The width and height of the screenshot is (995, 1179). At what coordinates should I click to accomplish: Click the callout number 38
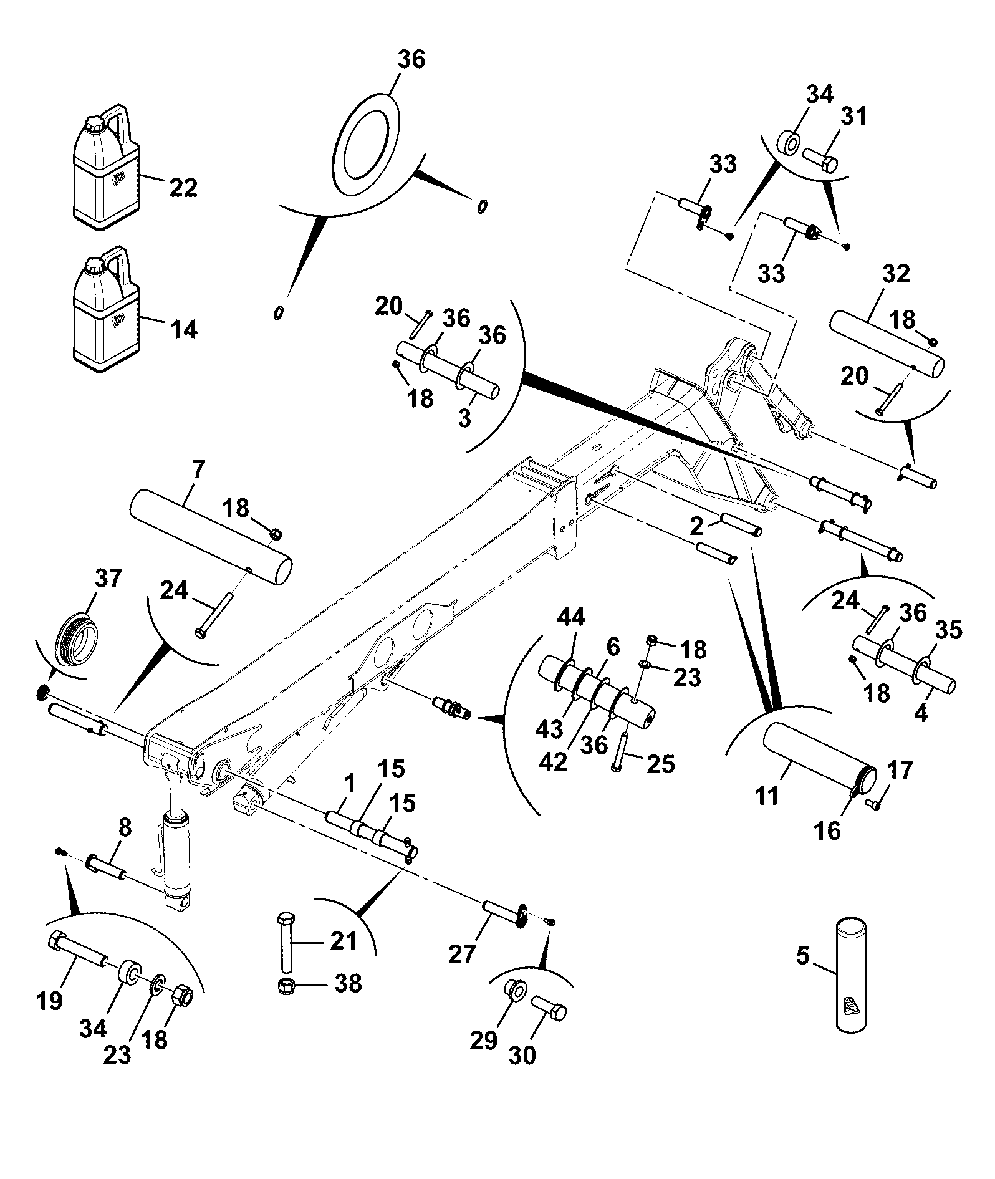[x=347, y=983]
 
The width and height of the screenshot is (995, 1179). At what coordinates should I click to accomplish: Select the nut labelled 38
[x=287, y=986]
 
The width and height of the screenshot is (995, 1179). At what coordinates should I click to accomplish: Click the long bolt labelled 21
[x=286, y=941]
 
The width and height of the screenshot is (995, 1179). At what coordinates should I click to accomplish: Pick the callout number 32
[x=895, y=274]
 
